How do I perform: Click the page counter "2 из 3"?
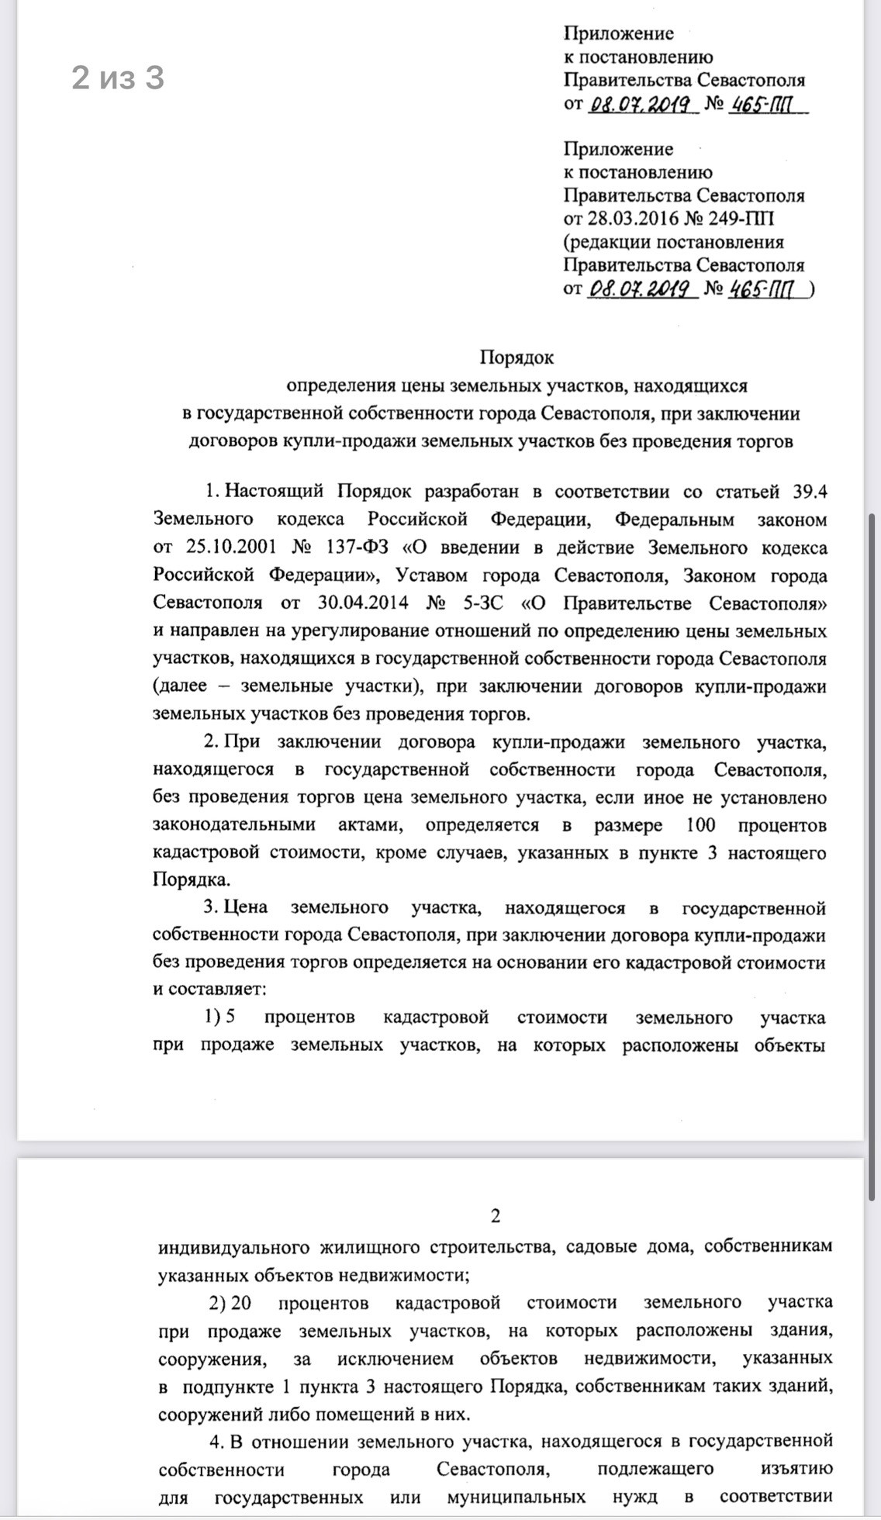(118, 78)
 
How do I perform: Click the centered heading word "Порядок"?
(517, 358)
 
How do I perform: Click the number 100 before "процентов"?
(701, 824)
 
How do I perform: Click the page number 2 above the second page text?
(496, 1215)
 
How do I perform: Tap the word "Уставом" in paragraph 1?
(431, 575)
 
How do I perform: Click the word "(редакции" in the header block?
(606, 242)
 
